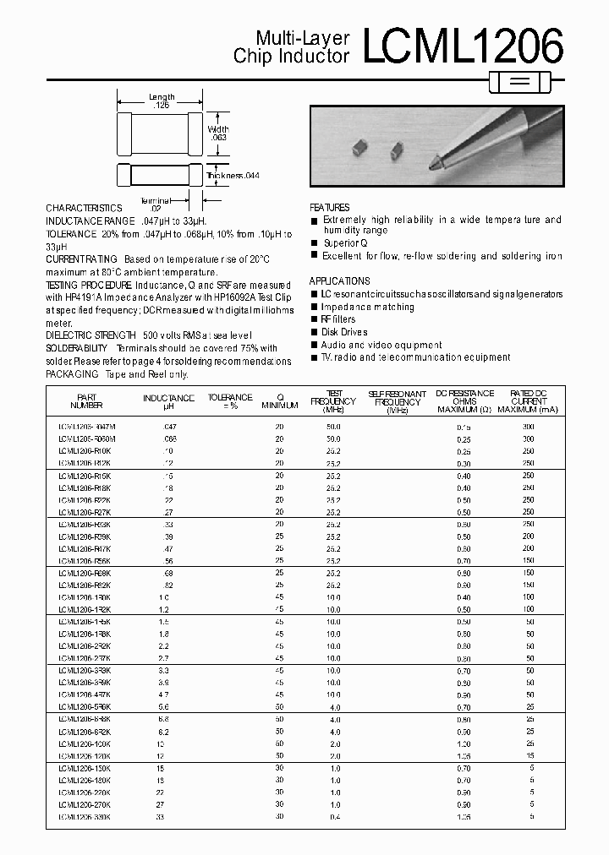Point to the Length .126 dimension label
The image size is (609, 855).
pos(161,102)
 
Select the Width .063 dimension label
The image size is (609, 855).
pos(218,133)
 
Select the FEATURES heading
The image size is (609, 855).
pos(329,208)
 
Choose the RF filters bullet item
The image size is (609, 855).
pos(338,319)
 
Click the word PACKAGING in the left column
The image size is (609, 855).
pos(71,373)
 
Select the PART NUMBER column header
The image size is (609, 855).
pos(87,400)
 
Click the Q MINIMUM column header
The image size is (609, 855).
pos(280,400)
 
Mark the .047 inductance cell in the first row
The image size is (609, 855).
pos(168,427)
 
